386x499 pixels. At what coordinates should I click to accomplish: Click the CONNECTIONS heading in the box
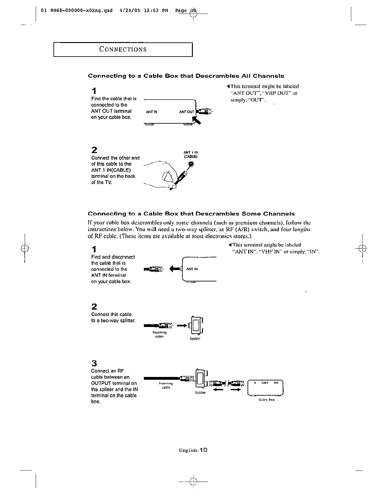pyautogui.click(x=123, y=49)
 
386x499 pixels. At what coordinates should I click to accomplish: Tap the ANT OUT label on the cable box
pyautogui.click(x=187, y=112)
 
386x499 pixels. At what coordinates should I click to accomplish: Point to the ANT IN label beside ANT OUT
pyautogui.click(x=151, y=112)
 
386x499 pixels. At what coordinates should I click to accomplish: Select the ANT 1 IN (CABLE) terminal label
pyautogui.click(x=191, y=154)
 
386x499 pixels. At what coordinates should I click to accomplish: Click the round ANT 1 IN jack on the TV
pyautogui.click(x=191, y=164)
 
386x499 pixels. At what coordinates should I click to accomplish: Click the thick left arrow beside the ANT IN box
pyautogui.click(x=174, y=269)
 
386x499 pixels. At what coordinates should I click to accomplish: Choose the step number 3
pyautogui.click(x=94, y=363)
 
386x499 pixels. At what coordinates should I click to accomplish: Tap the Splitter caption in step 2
pyautogui.click(x=195, y=339)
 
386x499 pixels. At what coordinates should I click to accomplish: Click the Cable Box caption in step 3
pyautogui.click(x=267, y=400)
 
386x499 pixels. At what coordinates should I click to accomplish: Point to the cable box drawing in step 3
pyautogui.click(x=266, y=388)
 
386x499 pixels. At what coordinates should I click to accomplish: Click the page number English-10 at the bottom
pyautogui.click(x=193, y=450)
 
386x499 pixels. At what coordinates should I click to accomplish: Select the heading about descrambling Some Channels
pyautogui.click(x=191, y=214)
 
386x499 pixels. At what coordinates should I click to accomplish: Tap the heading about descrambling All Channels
pyautogui.click(x=186, y=76)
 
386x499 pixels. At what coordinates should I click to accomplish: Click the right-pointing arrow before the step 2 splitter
pyautogui.click(x=182, y=325)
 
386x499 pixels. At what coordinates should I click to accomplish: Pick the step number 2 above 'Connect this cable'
pyautogui.click(x=94, y=307)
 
